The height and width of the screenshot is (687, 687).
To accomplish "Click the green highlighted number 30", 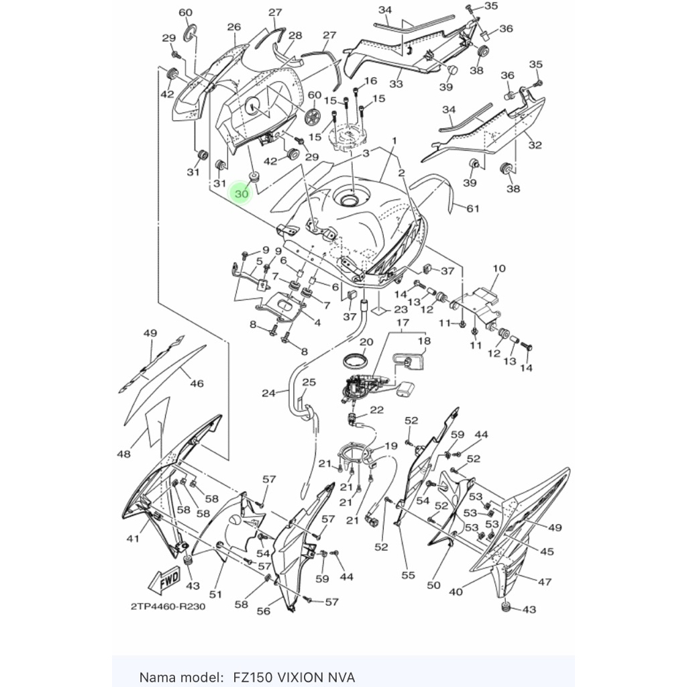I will pyautogui.click(x=242, y=194).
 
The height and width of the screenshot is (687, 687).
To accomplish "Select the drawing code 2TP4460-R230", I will pyautogui.click(x=168, y=606).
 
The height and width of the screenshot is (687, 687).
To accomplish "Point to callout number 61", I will pyautogui.click(x=473, y=209).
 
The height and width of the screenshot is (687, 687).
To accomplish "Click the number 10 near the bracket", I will pyautogui.click(x=498, y=268).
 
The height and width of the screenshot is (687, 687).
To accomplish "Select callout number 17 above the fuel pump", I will pyautogui.click(x=403, y=323).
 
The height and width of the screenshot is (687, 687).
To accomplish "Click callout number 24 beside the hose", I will pyautogui.click(x=269, y=393).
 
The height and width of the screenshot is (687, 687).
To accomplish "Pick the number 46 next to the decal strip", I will pyautogui.click(x=196, y=384).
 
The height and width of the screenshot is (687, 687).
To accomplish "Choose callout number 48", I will pyautogui.click(x=123, y=454).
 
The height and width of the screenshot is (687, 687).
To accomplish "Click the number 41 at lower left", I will pyautogui.click(x=133, y=537).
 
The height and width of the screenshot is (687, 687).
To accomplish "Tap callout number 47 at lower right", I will pyautogui.click(x=544, y=582).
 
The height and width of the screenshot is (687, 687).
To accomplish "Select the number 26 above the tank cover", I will pyautogui.click(x=233, y=27).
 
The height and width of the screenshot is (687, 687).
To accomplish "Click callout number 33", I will pyautogui.click(x=396, y=84).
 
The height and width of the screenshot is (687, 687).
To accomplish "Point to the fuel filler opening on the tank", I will pyautogui.click(x=350, y=199).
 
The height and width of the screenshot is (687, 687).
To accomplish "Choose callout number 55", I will pyautogui.click(x=408, y=574).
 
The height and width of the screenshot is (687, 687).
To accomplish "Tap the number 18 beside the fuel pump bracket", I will pyautogui.click(x=424, y=341).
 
